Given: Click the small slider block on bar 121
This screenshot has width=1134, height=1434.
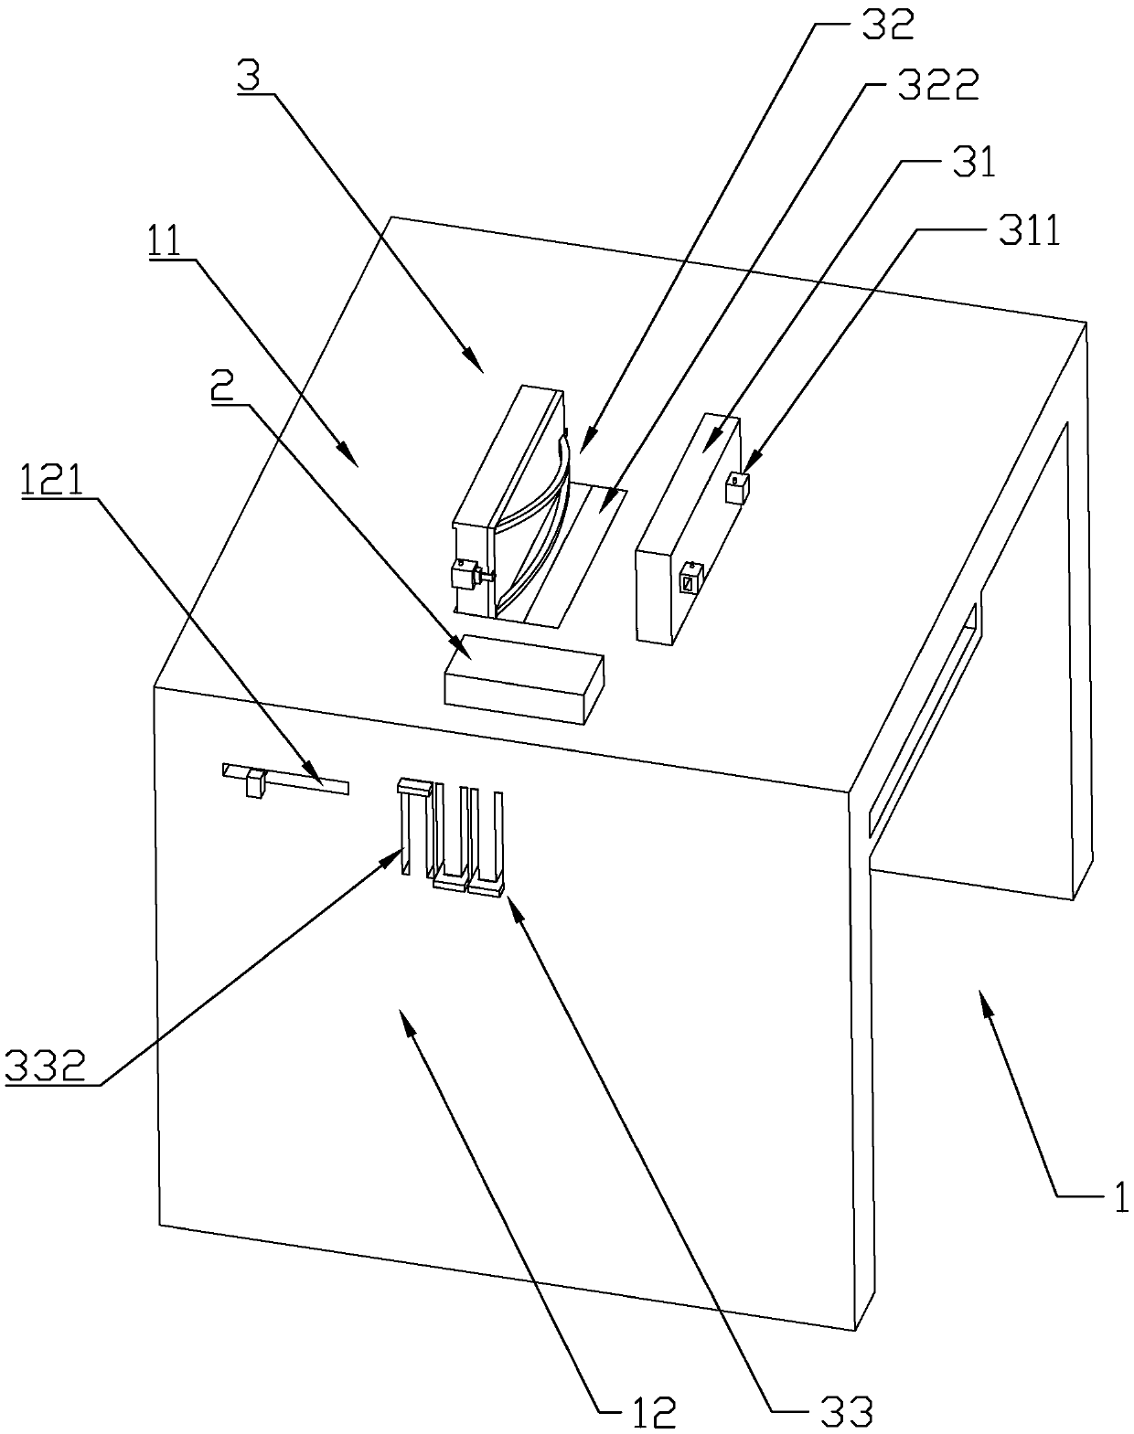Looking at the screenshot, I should point(254,784).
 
